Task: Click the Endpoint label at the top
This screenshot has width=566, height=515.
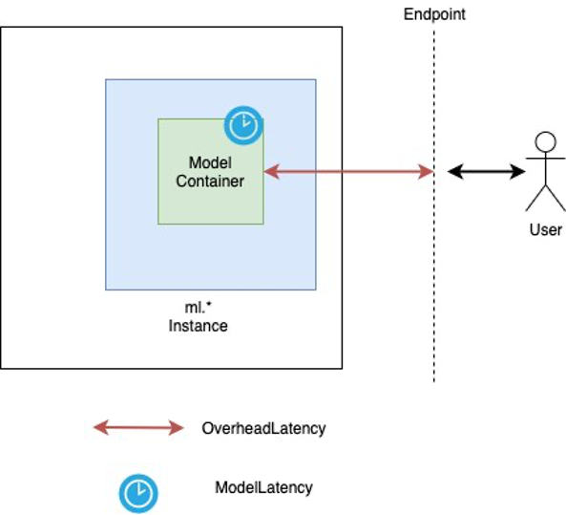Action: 434,14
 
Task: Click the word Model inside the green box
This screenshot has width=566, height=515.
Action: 210,163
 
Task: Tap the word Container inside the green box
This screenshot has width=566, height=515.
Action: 210,181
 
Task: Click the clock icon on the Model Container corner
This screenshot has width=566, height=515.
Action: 243,124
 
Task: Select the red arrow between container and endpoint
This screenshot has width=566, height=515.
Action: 348,172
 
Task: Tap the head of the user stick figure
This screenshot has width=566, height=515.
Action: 545,143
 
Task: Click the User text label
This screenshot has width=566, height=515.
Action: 545,230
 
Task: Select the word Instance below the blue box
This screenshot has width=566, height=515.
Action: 199,326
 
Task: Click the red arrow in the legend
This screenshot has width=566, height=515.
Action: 138,428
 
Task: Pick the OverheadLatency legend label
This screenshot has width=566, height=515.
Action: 263,428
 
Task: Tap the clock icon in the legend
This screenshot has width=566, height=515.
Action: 137,492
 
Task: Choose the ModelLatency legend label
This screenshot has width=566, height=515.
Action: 263,487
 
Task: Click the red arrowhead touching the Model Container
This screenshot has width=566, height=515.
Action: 270,172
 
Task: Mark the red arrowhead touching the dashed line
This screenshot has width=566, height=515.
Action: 427,172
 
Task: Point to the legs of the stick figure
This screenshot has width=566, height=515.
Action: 545,199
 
